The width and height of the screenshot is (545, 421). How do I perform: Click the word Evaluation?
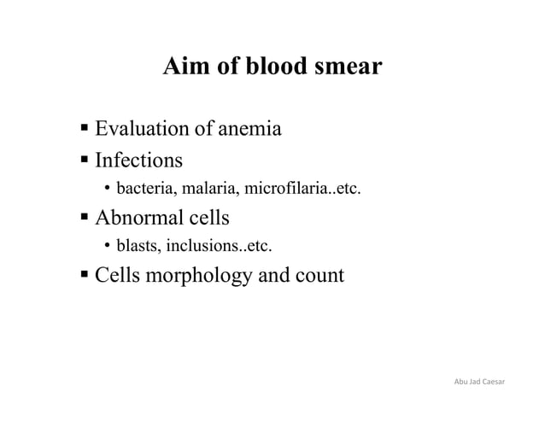pyautogui.click(x=139, y=130)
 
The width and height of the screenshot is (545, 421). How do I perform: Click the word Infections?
pyautogui.click(x=138, y=160)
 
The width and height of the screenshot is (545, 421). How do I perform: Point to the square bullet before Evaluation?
pyautogui.click(x=85, y=131)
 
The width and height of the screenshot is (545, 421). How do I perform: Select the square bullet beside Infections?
pyautogui.click(x=85, y=161)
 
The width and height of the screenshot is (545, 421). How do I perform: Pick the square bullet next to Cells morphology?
pyautogui.click(x=85, y=277)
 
